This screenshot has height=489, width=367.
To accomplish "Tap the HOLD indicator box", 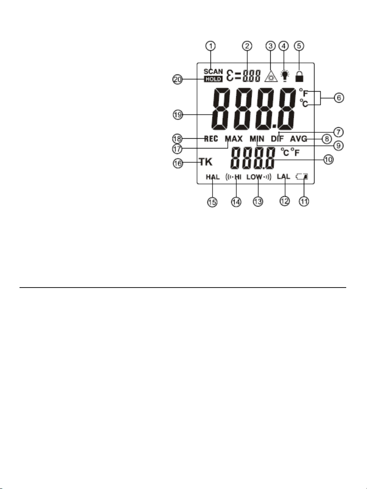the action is [x=213, y=79].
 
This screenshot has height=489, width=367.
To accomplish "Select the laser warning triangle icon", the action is [x=270, y=76].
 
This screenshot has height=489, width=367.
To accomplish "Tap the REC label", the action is [x=211, y=139].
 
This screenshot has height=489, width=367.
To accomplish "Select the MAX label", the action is [x=233, y=139].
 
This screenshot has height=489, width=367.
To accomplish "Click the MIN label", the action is [x=257, y=139].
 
